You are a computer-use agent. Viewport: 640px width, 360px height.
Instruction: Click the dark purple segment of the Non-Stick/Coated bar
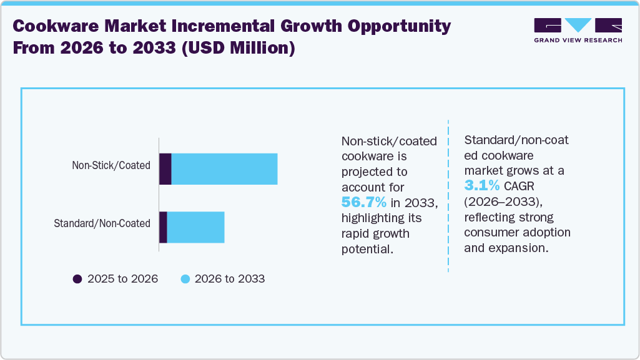(x=165, y=169)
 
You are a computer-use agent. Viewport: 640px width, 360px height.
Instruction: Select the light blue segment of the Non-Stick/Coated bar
(x=224, y=169)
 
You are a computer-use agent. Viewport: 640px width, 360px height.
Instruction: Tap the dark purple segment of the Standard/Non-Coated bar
(x=163, y=227)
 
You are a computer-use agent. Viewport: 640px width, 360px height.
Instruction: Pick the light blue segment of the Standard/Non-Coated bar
(x=195, y=227)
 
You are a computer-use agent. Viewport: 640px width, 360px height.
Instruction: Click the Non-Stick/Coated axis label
(x=111, y=165)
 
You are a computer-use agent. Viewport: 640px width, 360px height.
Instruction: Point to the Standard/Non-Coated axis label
(x=102, y=223)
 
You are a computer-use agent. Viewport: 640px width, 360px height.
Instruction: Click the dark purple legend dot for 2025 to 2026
(x=77, y=279)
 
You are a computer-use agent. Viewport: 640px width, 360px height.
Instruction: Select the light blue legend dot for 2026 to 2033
(x=185, y=279)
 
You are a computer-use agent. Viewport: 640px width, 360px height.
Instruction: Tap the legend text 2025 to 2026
(x=122, y=279)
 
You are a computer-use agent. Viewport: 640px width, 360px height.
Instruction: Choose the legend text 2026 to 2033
(x=230, y=279)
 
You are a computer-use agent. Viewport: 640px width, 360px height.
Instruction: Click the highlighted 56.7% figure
(x=364, y=202)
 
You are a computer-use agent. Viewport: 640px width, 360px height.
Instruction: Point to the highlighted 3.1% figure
(x=481, y=185)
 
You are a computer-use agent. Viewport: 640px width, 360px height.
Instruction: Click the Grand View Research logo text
(x=578, y=40)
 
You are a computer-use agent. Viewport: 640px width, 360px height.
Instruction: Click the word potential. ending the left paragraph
(x=368, y=248)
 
